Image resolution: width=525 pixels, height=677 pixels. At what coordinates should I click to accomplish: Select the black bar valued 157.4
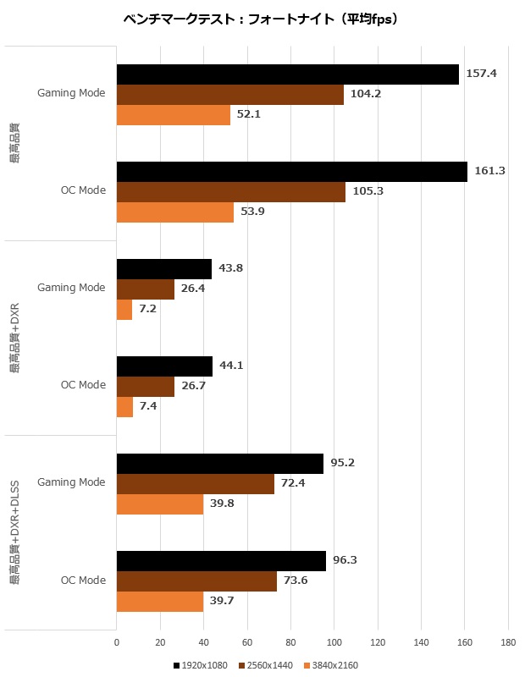tap(287, 74)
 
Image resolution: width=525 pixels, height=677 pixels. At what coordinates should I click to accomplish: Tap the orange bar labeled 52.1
tap(173, 114)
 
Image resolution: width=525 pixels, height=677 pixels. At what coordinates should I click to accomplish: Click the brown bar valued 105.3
tap(230, 191)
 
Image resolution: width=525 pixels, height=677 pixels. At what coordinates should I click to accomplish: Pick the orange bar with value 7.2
tap(124, 309)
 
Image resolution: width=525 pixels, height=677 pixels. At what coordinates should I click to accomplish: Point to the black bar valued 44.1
tap(164, 366)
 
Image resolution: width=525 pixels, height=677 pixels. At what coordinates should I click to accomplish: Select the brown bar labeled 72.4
tap(196, 483)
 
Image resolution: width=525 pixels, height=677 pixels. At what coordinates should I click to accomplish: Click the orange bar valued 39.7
tap(159, 601)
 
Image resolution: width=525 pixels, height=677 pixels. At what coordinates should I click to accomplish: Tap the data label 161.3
tap(490, 171)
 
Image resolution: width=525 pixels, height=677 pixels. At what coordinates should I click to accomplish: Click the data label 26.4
tap(197, 289)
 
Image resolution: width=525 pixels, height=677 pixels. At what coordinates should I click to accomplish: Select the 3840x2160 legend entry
tap(329, 665)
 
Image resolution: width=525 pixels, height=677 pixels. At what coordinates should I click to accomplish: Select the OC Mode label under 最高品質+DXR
tap(84, 385)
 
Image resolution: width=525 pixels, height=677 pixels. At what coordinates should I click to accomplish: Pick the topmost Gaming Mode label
tap(72, 93)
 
